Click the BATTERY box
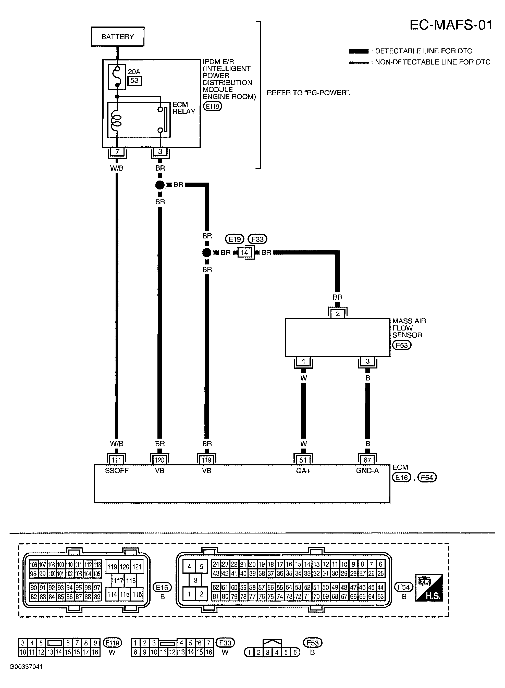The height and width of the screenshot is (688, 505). [118, 37]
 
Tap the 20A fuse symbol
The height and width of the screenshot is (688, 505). [117, 77]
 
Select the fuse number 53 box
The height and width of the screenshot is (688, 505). [134, 81]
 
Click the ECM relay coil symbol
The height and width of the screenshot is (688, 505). [117, 120]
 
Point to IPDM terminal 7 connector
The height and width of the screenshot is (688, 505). [117, 152]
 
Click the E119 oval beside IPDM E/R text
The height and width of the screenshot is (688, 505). [213, 106]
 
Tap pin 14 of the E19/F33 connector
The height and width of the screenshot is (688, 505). [244, 253]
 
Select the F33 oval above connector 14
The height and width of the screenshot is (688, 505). [257, 239]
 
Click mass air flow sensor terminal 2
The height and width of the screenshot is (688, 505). [338, 314]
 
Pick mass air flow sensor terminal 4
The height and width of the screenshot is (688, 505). [303, 361]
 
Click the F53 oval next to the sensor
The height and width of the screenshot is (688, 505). [402, 345]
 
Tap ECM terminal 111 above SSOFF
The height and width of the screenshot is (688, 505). [116, 460]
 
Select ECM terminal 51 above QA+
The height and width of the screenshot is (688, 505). [303, 460]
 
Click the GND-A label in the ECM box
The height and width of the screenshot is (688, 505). [367, 471]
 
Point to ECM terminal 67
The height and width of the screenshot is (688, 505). [367, 460]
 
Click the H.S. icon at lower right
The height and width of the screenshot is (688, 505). [429, 588]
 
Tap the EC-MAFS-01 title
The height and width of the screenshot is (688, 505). [451, 25]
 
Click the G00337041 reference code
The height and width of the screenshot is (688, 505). [26, 667]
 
